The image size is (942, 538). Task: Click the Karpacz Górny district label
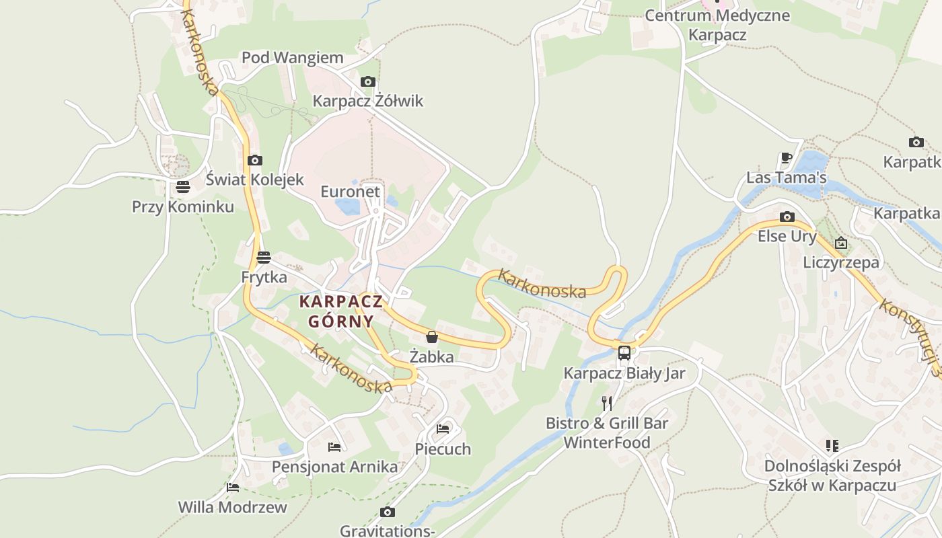pos(340,311)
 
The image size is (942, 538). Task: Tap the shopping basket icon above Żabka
pos(432,336)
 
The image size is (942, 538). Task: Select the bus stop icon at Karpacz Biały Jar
pos(624,352)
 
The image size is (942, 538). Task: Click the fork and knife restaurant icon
pos(607,403)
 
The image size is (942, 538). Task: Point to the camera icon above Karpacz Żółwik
pos(367,81)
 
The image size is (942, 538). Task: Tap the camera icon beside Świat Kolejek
pos(254,160)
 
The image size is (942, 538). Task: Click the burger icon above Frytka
pos(264,257)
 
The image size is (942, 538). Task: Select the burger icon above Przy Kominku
pos(183,186)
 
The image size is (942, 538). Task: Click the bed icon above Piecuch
pos(442,428)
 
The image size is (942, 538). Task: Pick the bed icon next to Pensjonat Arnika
pos(334,447)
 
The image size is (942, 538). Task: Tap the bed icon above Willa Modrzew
pos(233,487)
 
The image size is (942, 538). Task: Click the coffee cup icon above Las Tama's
pos(786,158)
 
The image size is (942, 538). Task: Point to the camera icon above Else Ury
pos(787,217)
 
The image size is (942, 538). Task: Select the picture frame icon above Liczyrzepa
pos(840,243)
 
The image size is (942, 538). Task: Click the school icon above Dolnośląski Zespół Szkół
pos(832,445)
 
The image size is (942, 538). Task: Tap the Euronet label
pos(350,192)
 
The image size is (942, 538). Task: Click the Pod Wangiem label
pos(292,58)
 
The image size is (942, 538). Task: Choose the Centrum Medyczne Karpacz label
pos(717,25)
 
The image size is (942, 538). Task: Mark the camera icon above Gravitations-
pos(387,512)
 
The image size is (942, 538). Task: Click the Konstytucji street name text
pos(908,334)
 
